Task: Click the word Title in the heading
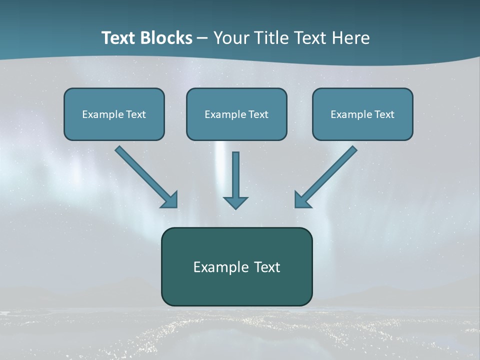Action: point(271,38)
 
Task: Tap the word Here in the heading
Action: point(350,38)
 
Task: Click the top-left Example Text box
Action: point(114,114)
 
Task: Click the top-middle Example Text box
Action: point(236,114)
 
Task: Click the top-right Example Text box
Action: point(362,114)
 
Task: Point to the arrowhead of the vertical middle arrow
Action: point(235,202)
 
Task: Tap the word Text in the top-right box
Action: point(384,114)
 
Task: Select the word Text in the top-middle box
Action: point(258,114)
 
